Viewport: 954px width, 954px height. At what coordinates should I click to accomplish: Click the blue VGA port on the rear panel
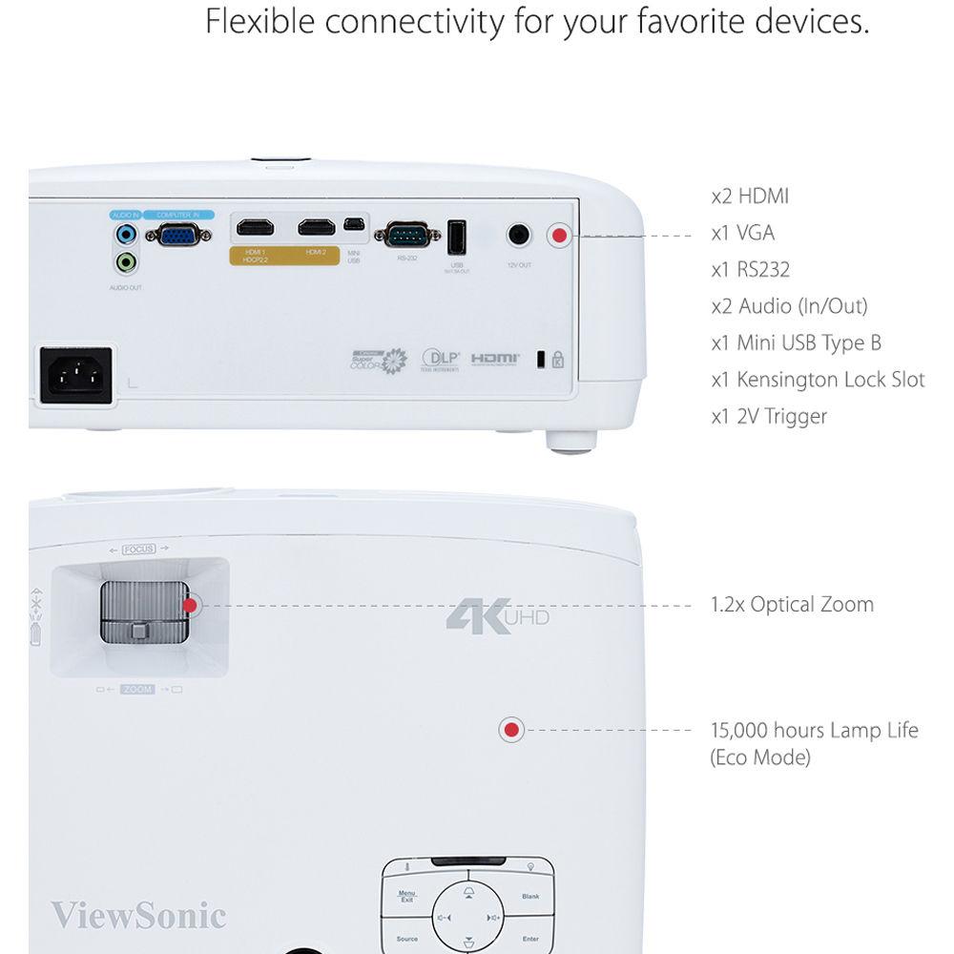tap(178, 235)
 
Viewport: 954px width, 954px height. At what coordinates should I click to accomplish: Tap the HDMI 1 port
tap(255, 228)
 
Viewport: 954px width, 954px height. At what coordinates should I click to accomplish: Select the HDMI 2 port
tap(316, 228)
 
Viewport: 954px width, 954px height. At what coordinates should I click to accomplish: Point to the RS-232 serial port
tap(406, 235)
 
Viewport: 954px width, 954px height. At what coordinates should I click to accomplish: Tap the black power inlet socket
tap(75, 375)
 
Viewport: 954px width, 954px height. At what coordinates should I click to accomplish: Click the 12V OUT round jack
tap(518, 235)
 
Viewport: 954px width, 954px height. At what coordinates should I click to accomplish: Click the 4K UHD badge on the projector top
tap(497, 614)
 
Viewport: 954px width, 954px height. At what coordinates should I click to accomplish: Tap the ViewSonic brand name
tap(138, 916)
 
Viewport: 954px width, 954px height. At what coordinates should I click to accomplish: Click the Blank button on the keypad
tap(530, 897)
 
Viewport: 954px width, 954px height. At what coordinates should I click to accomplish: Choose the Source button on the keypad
tap(406, 939)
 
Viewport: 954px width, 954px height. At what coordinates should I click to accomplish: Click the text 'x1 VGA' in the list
tap(742, 233)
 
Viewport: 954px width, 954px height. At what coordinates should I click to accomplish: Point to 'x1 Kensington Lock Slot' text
tap(818, 380)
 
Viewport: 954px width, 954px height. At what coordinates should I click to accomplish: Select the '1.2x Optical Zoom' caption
tap(792, 604)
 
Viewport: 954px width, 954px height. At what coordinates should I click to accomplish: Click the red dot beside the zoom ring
tap(190, 605)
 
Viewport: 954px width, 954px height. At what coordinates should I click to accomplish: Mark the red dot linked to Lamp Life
tap(511, 731)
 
